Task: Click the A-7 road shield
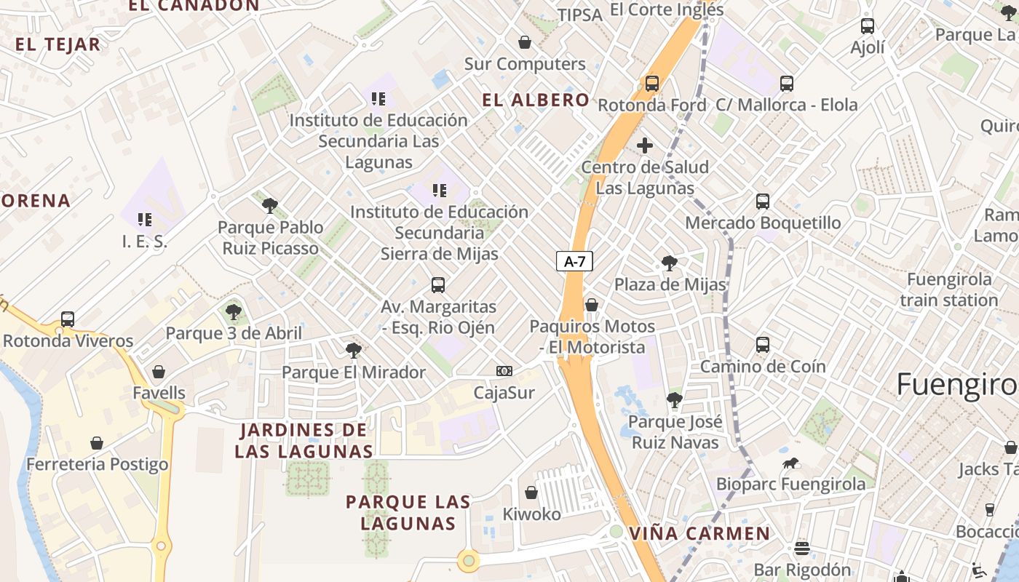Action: (575, 261)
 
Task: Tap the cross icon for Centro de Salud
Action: (645, 145)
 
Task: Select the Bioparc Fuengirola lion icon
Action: (791, 463)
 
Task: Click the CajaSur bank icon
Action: (504, 371)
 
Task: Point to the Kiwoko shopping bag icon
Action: (531, 493)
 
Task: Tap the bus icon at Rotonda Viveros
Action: (68, 319)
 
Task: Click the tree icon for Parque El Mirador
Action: (353, 351)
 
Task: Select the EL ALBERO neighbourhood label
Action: (536, 100)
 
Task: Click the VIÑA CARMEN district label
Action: (699, 533)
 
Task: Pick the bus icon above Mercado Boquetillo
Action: (763, 201)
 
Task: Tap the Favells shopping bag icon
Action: (159, 372)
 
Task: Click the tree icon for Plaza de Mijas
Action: (669, 263)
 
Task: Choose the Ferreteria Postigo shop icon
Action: (97, 442)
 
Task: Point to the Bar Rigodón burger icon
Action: (802, 548)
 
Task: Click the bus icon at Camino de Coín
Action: (763, 344)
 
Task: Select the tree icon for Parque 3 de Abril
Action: (233, 312)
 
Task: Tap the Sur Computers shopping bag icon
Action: (524, 42)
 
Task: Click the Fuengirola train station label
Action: (948, 290)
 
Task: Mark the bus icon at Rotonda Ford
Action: (651, 83)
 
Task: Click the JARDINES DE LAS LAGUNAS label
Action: (304, 440)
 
